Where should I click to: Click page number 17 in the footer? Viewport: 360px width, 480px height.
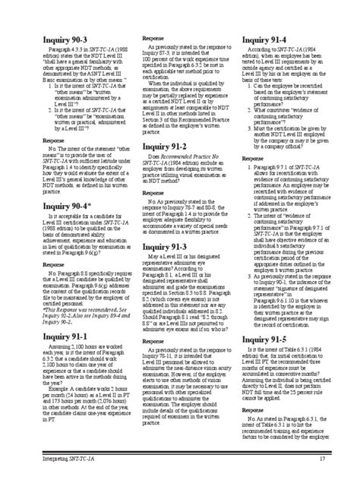pyautogui.click(x=322, y=460)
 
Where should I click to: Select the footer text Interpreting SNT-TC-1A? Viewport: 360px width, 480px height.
pyautogui.click(x=69, y=460)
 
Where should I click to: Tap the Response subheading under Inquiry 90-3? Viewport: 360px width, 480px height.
pyautogui.click(x=53, y=141)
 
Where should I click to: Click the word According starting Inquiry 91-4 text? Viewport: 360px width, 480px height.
pyautogui.click(x=262, y=51)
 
